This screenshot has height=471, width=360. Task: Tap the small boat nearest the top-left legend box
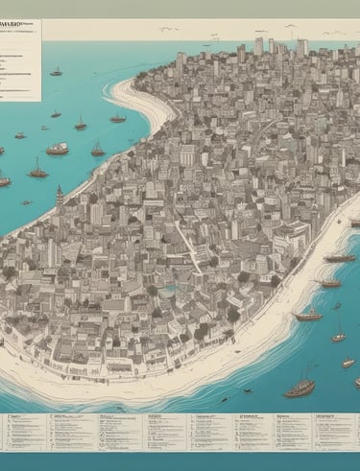57,72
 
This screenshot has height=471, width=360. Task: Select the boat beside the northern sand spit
117,118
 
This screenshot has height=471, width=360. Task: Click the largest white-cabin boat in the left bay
58,149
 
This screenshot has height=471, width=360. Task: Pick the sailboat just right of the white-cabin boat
97,150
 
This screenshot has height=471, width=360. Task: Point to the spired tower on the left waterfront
58,197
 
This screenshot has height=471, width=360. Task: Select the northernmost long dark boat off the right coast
339,258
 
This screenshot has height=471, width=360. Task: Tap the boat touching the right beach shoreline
329,283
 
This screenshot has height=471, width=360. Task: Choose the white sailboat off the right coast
338,335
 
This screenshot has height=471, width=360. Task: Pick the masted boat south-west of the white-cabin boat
37,173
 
